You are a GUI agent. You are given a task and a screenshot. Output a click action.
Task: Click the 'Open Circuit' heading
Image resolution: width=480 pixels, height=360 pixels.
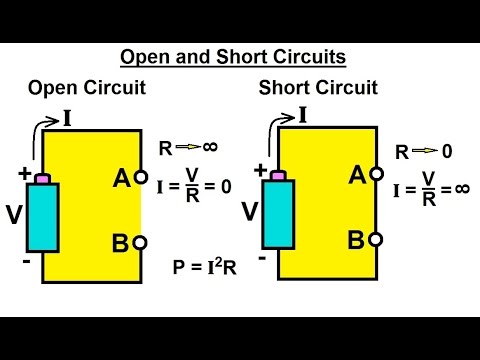pos(88,88)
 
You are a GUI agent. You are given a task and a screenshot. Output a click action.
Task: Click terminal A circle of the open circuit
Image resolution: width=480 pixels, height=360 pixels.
pos(141,179)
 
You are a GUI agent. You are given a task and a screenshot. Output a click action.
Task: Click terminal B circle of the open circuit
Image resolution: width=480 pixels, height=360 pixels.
pos(141,242)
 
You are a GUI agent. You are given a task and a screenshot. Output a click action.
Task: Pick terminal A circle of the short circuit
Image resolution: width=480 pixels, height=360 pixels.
pos(376,174)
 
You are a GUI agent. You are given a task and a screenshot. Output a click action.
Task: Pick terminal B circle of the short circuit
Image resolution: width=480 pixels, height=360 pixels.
pos(376,239)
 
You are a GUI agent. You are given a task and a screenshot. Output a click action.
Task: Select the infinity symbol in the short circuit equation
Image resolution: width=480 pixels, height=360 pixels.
pos(460,188)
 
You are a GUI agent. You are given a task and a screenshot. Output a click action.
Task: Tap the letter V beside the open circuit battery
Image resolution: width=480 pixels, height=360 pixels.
pos(14,215)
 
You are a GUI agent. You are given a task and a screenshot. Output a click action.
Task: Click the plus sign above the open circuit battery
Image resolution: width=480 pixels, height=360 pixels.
pos(23,171)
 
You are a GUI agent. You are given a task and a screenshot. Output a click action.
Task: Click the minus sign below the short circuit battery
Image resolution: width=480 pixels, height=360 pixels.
pos(261,257)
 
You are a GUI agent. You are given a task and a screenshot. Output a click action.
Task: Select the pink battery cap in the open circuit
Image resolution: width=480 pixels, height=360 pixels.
pos(43,179)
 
